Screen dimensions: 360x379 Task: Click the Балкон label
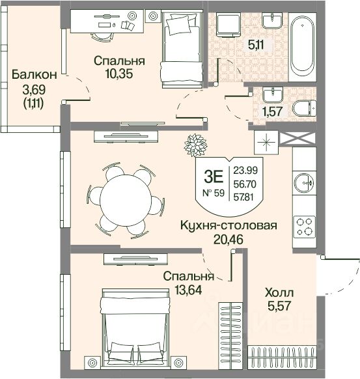click(x=35, y=74)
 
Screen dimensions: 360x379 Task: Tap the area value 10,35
click(x=119, y=74)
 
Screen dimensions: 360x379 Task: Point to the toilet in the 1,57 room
click(x=304, y=108)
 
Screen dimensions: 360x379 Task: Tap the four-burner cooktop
click(x=305, y=226)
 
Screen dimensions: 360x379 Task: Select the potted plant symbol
click(x=195, y=145)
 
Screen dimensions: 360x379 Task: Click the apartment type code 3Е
click(x=214, y=176)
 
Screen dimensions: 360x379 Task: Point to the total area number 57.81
click(x=243, y=197)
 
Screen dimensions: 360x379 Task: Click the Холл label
click(x=279, y=293)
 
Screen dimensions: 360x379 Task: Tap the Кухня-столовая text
click(x=228, y=225)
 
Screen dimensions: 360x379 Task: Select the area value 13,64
click(x=188, y=290)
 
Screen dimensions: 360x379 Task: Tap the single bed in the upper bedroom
click(x=182, y=49)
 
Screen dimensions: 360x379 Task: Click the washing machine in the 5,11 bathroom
click(x=228, y=25)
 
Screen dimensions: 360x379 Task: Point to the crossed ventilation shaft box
click(x=298, y=139)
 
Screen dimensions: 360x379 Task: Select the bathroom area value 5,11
click(x=256, y=45)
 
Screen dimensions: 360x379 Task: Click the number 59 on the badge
click(x=219, y=193)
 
